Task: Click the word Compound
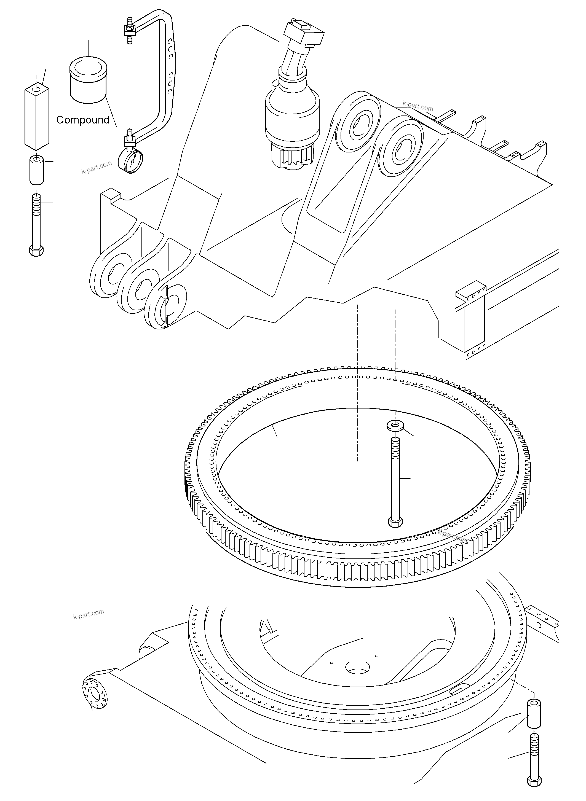click(83, 120)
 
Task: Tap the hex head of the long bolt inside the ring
click(395, 522)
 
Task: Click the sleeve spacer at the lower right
click(533, 714)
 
